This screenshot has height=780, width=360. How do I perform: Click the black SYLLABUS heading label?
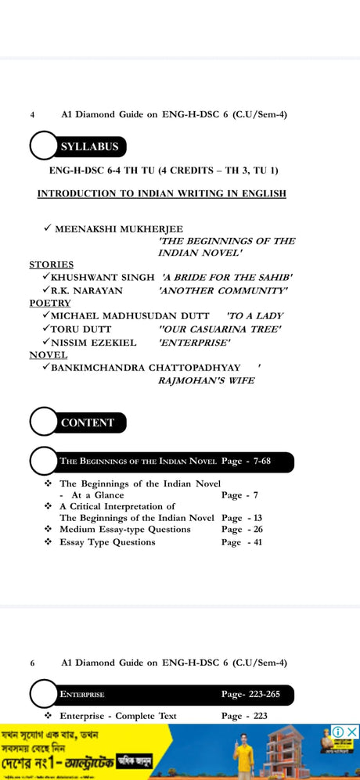pos(89,146)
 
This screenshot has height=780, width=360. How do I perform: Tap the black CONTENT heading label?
pos(88,422)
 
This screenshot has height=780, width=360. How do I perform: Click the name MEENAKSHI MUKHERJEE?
pos(119,228)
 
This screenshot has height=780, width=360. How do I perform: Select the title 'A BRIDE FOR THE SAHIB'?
pos(227,278)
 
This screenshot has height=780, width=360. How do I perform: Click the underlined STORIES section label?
pos(52,264)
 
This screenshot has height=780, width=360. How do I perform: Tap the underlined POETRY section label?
pos(50,303)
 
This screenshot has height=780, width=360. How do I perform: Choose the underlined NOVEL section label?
pos(49,354)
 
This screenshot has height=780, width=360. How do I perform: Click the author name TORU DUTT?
pos(81,329)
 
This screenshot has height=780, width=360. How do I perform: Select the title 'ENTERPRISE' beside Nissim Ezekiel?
pos(194,342)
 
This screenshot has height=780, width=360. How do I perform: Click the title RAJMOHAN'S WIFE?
pos(206,381)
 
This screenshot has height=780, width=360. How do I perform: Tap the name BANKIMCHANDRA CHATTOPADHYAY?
pos(146,367)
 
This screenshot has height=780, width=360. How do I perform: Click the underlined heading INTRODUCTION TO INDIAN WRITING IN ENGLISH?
pos(161,193)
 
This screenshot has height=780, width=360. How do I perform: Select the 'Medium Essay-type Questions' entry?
pos(124,529)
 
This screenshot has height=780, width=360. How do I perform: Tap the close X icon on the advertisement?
pos(352,731)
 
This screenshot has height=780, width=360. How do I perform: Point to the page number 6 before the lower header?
pos(32,663)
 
